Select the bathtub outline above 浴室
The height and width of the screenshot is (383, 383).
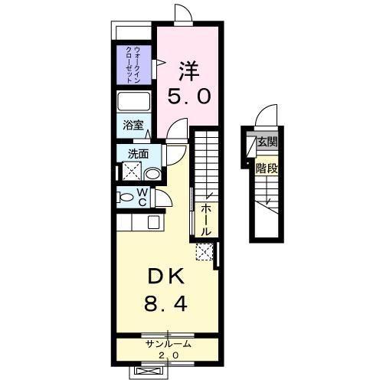click(x=136, y=102)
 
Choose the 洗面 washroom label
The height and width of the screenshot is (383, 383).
click(x=138, y=152)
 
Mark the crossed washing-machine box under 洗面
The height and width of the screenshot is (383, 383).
click(x=130, y=172)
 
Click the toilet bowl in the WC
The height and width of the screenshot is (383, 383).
click(x=126, y=197)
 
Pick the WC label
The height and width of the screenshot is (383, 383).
click(x=142, y=197)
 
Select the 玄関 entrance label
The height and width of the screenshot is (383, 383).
click(x=267, y=142)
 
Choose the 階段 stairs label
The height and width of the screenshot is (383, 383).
click(x=266, y=169)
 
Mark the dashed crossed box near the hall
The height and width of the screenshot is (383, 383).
click(x=205, y=250)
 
